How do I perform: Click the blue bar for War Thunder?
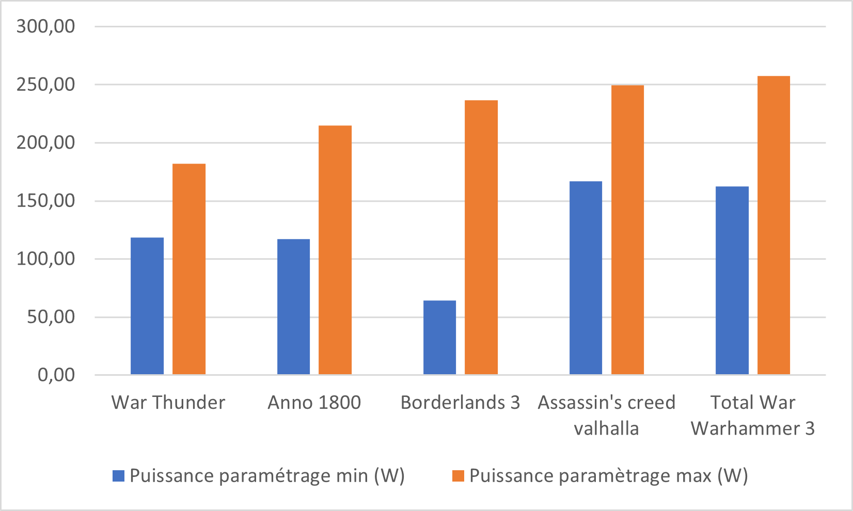click(147, 306)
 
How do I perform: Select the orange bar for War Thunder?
click(189, 269)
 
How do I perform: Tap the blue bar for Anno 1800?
click(293, 307)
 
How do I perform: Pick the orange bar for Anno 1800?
click(335, 250)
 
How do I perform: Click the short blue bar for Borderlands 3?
click(439, 338)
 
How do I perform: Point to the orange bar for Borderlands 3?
click(481, 237)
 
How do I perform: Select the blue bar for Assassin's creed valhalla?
click(586, 278)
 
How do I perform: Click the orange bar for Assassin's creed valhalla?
click(627, 230)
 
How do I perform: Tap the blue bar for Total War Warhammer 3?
click(732, 281)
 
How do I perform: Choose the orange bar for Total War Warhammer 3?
click(774, 226)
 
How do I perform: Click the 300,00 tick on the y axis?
click(45, 27)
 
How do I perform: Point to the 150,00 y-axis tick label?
click(45, 201)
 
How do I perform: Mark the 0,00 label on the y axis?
click(56, 375)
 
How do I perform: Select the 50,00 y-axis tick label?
click(51, 317)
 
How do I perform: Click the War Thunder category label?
click(168, 403)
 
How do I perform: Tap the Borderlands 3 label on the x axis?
click(461, 403)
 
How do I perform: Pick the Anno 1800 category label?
click(314, 403)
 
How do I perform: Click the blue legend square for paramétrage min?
click(118, 476)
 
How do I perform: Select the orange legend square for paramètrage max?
click(458, 476)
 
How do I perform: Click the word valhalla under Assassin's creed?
click(606, 429)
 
